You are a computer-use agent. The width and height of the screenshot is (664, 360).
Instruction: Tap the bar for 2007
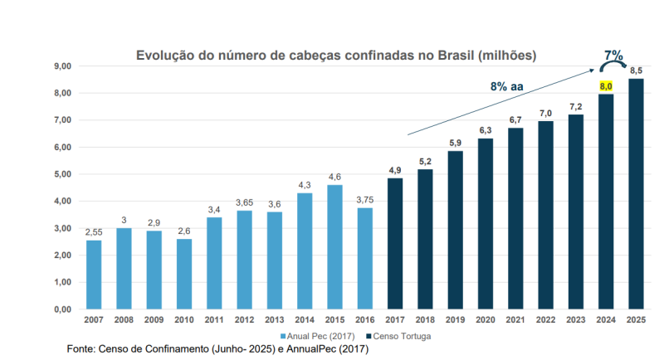(94, 274)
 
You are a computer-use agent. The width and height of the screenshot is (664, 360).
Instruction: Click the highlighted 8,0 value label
(606, 86)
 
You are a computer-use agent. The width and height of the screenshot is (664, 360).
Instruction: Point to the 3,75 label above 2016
(364, 200)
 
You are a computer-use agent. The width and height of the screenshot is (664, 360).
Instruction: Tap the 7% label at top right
(614, 56)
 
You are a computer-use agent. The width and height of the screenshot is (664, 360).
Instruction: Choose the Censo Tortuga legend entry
(398, 336)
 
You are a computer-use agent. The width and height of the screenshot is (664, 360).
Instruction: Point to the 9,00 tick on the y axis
(63, 66)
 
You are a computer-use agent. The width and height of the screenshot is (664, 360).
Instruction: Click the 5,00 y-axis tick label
(63, 174)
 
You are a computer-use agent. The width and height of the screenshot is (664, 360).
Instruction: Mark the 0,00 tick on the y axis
(63, 309)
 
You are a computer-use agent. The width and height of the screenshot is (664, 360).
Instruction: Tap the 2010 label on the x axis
(184, 319)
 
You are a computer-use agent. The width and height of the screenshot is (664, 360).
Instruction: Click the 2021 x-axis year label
(515, 319)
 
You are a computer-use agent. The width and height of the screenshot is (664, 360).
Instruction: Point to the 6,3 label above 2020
(486, 130)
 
